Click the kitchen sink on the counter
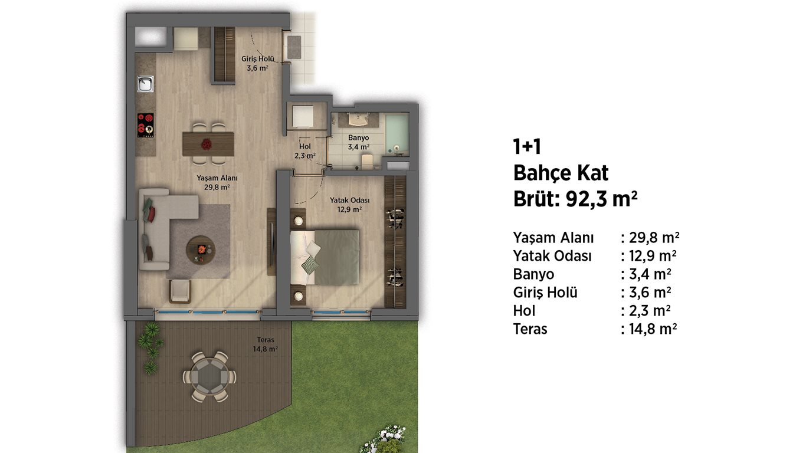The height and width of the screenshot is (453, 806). coord(145,84)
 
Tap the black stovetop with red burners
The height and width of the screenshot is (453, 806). coord(145,125)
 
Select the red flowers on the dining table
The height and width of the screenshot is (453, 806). coord(207,145)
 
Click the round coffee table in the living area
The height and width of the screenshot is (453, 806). coord(201,250)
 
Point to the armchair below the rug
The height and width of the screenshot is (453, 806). coord(180,291)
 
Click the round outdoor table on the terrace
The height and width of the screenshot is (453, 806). coord(209,377)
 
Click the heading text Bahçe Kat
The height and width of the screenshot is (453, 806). coord(561,173)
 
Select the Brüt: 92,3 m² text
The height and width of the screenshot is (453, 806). coord(575,199)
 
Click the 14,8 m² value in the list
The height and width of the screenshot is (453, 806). coord(653,329)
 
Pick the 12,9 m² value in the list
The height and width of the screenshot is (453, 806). coord(653,256)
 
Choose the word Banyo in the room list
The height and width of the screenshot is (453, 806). coord(533,274)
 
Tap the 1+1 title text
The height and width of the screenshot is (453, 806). coord(527,147)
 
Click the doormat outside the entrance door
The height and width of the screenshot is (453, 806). coord(294,47)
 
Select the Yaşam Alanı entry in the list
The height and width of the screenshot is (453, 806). coord(553,238)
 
